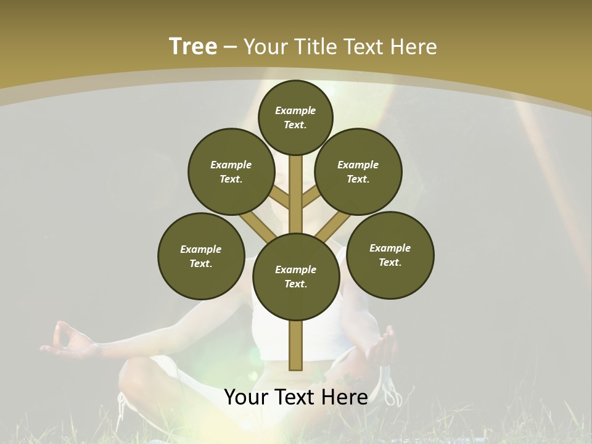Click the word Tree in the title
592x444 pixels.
(193, 46)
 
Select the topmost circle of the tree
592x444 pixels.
(295, 117)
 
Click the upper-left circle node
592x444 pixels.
(231, 171)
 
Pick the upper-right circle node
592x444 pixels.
(358, 171)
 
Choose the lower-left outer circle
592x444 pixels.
(201, 256)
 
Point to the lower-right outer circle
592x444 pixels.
(390, 255)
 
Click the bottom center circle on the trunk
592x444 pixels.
(296, 276)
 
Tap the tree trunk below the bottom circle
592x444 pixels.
(296, 345)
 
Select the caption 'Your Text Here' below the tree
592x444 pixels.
(296, 397)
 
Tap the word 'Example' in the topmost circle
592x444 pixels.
(295, 110)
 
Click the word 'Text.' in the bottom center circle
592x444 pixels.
(295, 284)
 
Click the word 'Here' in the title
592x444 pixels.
(414, 47)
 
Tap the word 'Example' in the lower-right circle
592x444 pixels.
(390, 248)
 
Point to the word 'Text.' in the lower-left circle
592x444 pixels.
(201, 263)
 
